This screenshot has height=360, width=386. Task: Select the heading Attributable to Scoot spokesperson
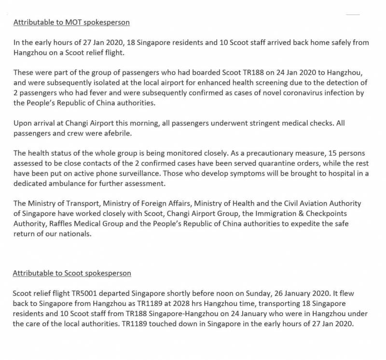pyautogui.click(x=72, y=273)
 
